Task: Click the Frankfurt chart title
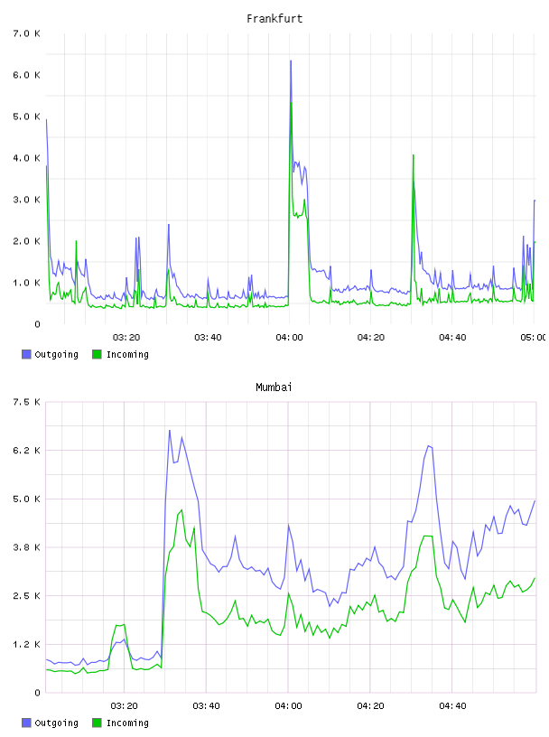[x=274, y=19]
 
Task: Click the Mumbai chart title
[x=274, y=387]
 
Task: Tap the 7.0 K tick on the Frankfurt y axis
[x=27, y=33]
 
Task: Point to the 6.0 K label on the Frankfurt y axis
[x=27, y=75]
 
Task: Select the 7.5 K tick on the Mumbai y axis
[x=27, y=402]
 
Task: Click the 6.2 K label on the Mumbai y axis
[x=27, y=451]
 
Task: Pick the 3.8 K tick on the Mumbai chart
[x=27, y=547]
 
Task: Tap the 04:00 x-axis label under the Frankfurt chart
[x=290, y=338]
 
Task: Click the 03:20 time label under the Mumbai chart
[x=124, y=706]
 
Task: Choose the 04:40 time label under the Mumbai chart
[x=452, y=706]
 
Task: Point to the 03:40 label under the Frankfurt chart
[x=208, y=338]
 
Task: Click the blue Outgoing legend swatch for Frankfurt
[x=26, y=354]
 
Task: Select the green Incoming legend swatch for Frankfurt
[x=97, y=354]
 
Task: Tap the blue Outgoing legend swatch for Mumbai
[x=26, y=723]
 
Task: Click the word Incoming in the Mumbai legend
[x=127, y=723]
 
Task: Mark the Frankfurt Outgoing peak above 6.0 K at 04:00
[x=291, y=61]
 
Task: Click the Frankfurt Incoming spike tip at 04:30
[x=414, y=155]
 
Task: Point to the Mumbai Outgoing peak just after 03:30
[x=170, y=431]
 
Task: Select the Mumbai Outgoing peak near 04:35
[x=428, y=445]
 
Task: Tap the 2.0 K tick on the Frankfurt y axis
[x=27, y=241]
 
